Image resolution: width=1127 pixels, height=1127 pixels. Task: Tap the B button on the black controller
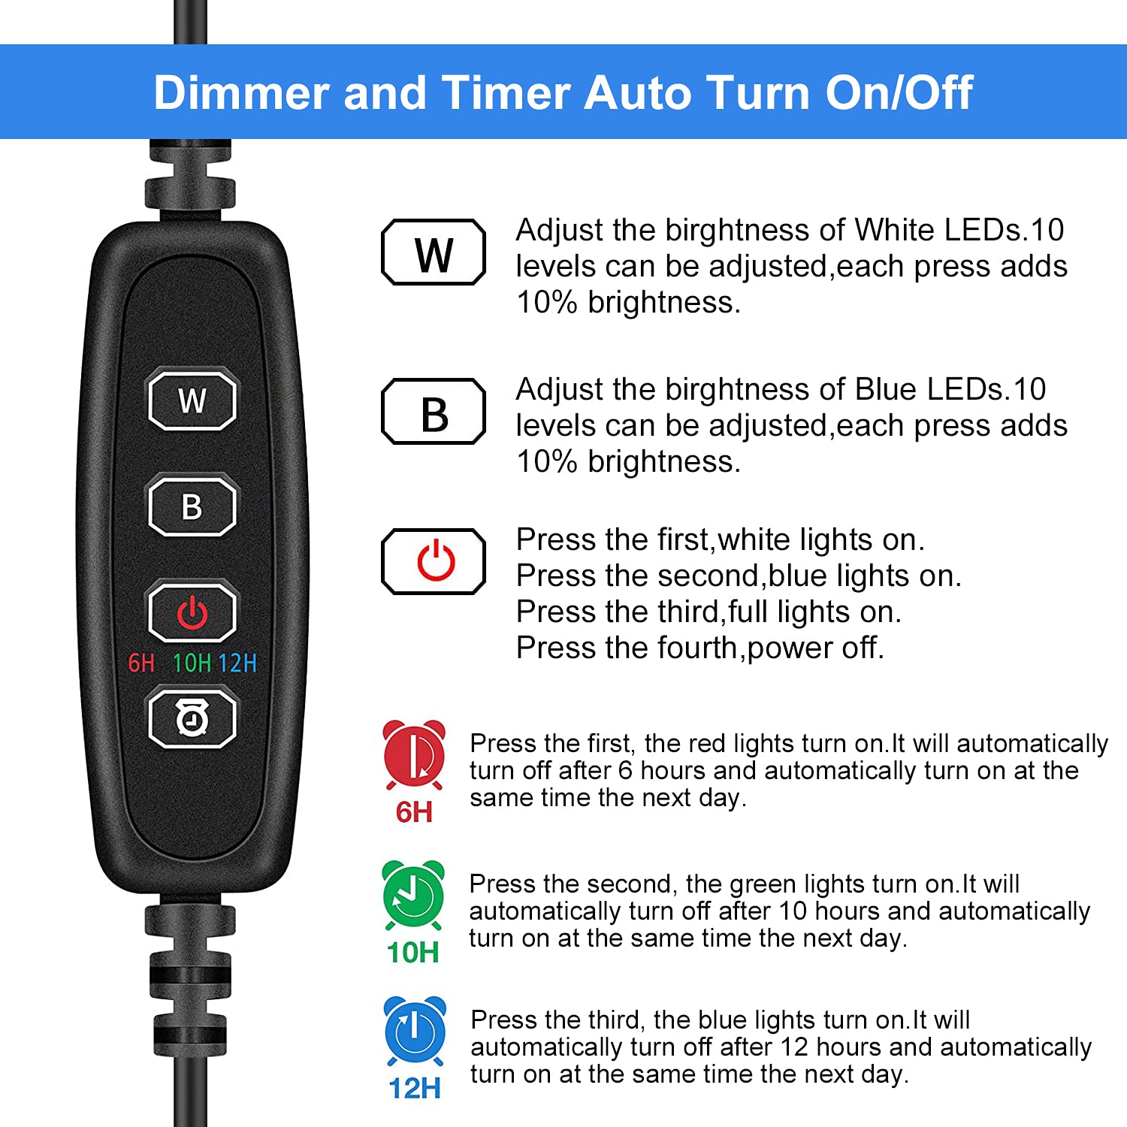(192, 506)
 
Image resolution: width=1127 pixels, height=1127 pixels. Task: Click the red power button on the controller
(192, 612)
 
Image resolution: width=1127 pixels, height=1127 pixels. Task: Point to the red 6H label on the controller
(141, 663)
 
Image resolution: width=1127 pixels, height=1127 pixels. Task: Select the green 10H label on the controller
(192, 663)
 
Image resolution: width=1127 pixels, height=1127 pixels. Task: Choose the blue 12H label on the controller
(238, 663)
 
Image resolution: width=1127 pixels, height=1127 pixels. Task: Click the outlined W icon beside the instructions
(434, 252)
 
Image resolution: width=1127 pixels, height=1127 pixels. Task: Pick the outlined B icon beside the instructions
(434, 412)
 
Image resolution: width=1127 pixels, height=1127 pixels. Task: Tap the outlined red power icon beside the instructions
(434, 562)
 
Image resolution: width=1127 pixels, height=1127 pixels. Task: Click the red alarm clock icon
(414, 754)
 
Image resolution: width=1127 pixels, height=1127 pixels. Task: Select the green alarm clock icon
(413, 896)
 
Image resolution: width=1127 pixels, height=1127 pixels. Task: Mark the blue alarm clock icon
(415, 1031)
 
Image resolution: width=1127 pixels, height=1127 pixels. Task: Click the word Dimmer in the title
(241, 93)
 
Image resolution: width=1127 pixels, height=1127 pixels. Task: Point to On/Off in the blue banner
(899, 93)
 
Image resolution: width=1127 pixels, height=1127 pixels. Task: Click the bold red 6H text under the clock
(414, 812)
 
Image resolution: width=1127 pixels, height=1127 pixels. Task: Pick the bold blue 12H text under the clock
(415, 1088)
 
